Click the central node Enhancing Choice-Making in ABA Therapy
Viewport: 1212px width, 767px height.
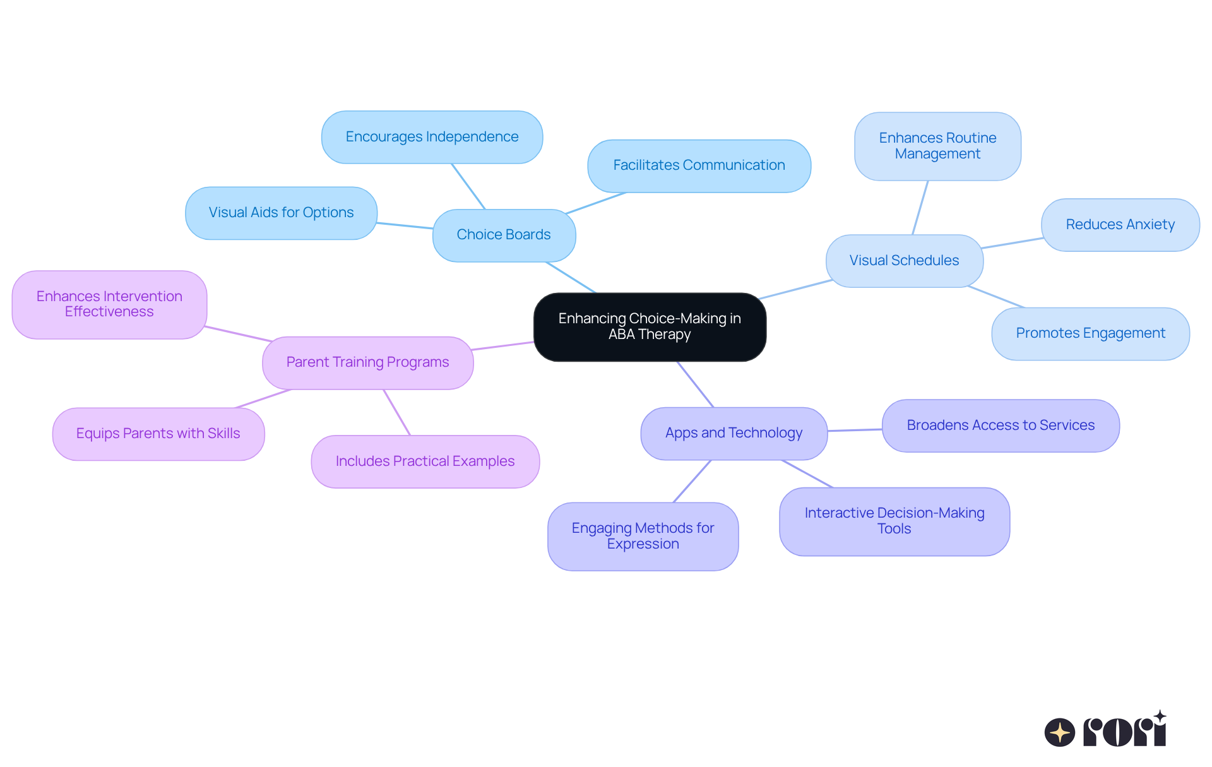pyautogui.click(x=650, y=326)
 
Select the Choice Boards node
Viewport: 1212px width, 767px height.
pyautogui.click(x=504, y=235)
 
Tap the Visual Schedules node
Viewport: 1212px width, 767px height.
pyautogui.click(x=904, y=261)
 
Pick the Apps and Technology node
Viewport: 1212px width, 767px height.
pyautogui.click(x=734, y=433)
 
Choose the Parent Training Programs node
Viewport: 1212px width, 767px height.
pyautogui.click(x=367, y=362)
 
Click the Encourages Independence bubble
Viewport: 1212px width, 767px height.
pyautogui.click(x=432, y=137)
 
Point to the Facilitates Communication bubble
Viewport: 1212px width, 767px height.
pyautogui.click(x=699, y=165)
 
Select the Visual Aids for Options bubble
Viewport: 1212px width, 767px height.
pyautogui.click(x=281, y=213)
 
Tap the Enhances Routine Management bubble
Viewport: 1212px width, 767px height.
pyautogui.click(x=937, y=146)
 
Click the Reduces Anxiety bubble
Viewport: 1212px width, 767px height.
pyautogui.click(x=1120, y=225)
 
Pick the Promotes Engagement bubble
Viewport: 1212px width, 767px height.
pyautogui.click(x=1090, y=333)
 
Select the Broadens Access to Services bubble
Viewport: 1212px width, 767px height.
pyautogui.click(x=1001, y=425)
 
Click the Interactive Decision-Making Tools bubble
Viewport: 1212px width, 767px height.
pyautogui.click(x=894, y=521)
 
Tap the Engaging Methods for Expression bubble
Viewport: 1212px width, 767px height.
pyautogui.click(x=643, y=536)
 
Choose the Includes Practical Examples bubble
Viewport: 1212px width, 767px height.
pyautogui.click(x=425, y=461)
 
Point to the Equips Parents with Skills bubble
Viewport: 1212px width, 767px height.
pyautogui.click(x=158, y=434)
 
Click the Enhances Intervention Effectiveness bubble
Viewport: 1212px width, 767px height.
pyautogui.click(x=109, y=304)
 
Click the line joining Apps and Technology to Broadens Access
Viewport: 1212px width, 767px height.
pyautogui.click(x=855, y=430)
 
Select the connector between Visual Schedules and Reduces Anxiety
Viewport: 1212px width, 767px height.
pyautogui.click(x=1012, y=243)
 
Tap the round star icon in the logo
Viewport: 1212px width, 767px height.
pyautogui.click(x=1059, y=732)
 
